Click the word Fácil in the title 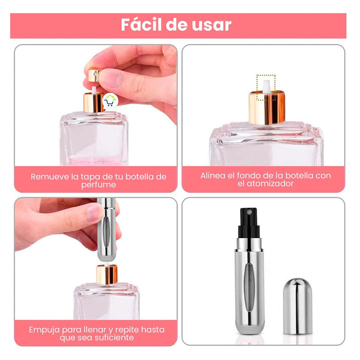[x=142, y=24]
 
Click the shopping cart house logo [x=109, y=101]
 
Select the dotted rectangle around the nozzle [x=265, y=86]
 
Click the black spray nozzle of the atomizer [x=247, y=220]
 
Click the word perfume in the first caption [x=98, y=184]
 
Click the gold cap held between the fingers [x=93, y=75]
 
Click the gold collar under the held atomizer [x=106, y=273]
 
